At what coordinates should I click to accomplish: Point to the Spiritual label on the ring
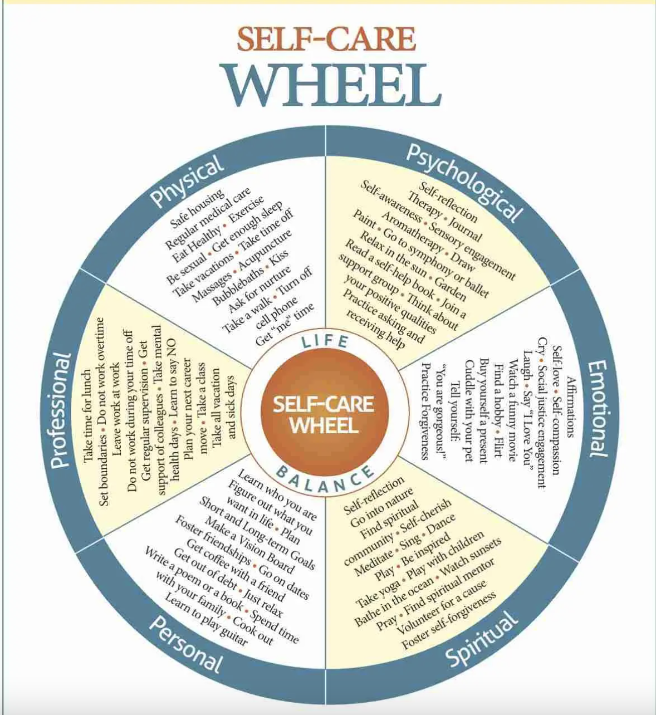482,639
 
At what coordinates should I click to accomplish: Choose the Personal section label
186,644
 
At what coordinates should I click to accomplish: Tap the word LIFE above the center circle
325,341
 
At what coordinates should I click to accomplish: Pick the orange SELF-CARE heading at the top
326,39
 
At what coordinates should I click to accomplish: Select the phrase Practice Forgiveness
426,411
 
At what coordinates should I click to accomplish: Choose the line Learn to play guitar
206,620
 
